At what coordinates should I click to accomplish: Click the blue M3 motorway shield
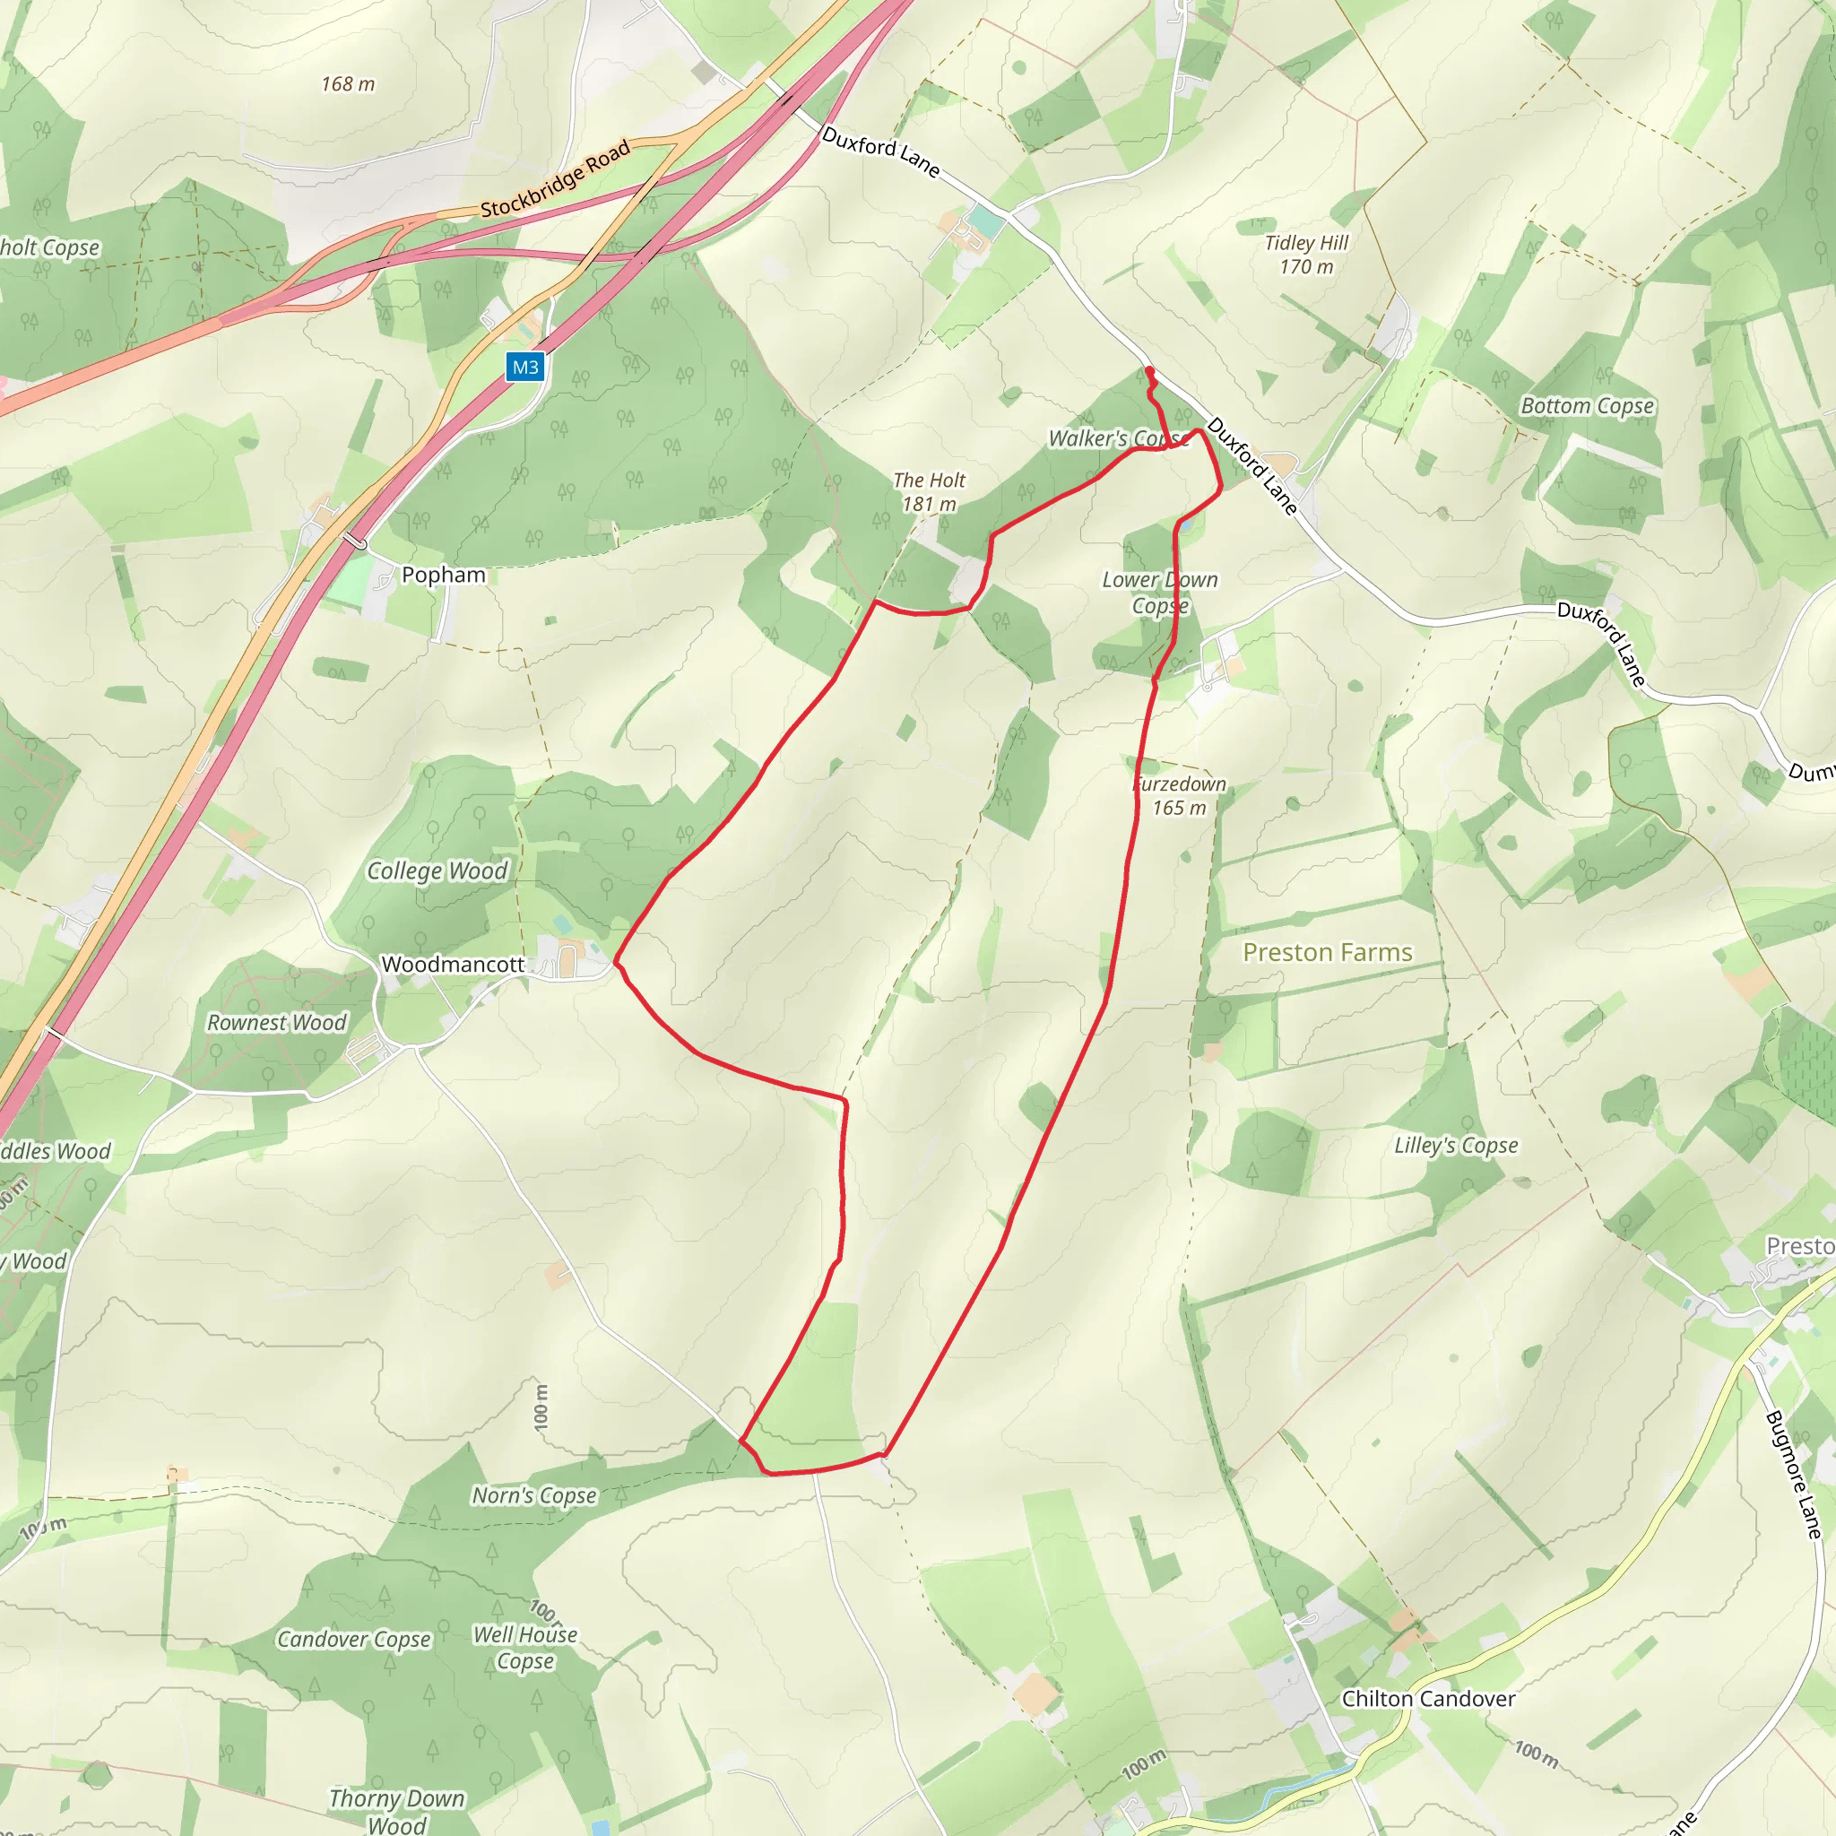[x=524, y=368]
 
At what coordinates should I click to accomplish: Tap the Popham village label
[x=443, y=575]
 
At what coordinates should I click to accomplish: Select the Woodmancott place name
[x=453, y=965]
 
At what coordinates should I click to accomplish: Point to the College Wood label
[x=437, y=870]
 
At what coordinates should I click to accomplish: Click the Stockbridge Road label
[x=555, y=178]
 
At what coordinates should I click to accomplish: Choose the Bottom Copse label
[x=1587, y=406]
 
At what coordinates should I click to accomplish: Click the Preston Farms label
[x=1327, y=952]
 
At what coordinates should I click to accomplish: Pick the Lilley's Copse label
[x=1456, y=1145]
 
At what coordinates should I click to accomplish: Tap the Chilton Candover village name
[x=1428, y=1699]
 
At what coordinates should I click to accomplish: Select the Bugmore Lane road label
[x=1792, y=1476]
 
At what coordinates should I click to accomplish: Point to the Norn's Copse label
[x=534, y=1496]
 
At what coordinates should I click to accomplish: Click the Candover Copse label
[x=353, y=1640]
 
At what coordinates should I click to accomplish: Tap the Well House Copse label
[x=525, y=1648]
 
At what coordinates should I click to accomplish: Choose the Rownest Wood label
[x=276, y=1023]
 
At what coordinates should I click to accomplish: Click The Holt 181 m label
[x=929, y=492]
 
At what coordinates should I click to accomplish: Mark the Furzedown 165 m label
[x=1180, y=795]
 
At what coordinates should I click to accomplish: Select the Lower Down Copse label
[x=1159, y=592]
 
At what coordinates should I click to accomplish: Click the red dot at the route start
[x=1150, y=371]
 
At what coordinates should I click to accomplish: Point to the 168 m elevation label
[x=348, y=84]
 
